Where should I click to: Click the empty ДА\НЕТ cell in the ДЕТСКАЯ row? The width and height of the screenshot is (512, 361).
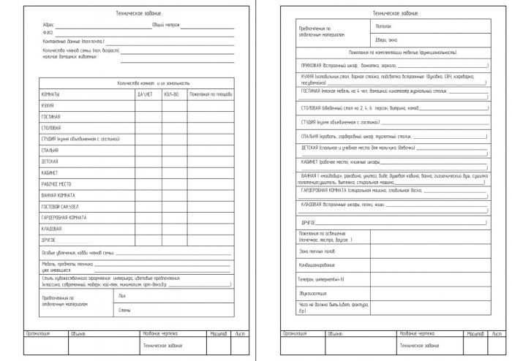tap(145, 161)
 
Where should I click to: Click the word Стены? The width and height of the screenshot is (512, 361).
tap(124, 310)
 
